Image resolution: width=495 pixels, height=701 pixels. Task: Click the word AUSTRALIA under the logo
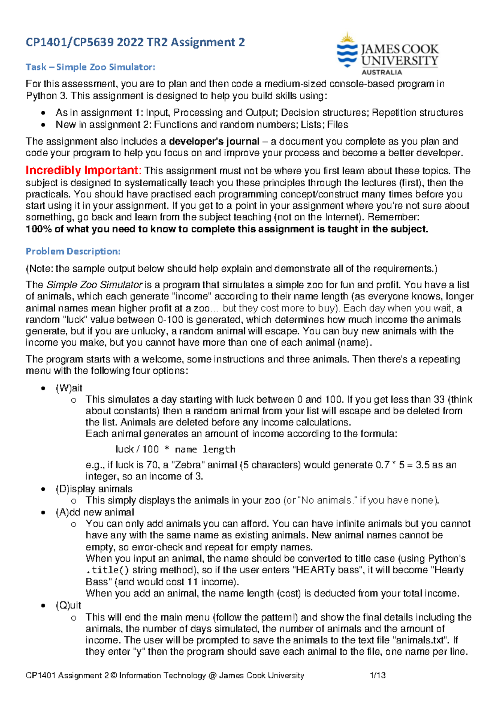coord(382,72)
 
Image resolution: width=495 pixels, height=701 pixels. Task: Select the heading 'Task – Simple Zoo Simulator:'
coord(90,67)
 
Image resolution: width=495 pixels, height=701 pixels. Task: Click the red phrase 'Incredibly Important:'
coord(84,170)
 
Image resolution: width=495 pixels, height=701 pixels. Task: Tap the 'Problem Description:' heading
coord(73,251)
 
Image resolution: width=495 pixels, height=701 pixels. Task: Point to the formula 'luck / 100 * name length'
coord(175,449)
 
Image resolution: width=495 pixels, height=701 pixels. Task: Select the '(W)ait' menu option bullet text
coord(69,388)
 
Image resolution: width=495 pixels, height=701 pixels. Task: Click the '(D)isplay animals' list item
coord(94,489)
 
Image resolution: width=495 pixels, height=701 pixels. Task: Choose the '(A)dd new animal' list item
coord(95,512)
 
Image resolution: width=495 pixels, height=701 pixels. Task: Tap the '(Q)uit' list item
coord(68,605)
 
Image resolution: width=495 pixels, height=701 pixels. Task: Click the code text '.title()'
coord(107,570)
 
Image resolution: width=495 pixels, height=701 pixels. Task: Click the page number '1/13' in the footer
coord(378,675)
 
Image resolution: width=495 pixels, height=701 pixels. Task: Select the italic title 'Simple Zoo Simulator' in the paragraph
coord(94,285)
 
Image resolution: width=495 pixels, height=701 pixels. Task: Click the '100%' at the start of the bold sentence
coord(38,229)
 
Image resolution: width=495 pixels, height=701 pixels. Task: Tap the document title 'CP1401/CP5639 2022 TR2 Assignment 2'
coord(135,42)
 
